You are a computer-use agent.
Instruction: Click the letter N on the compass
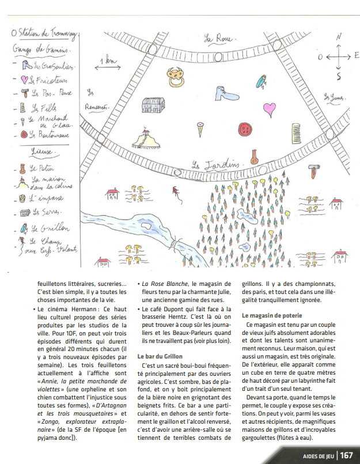[339, 37]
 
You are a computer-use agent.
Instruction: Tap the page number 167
[346, 455]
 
